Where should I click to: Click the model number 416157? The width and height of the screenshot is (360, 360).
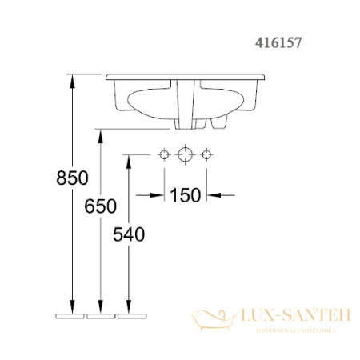(276, 36)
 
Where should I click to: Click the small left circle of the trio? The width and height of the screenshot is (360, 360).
(165, 154)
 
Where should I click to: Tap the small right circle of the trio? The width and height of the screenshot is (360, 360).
(207, 154)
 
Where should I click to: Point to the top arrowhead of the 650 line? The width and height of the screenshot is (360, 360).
(100, 134)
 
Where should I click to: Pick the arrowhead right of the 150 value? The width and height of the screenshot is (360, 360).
(213, 194)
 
